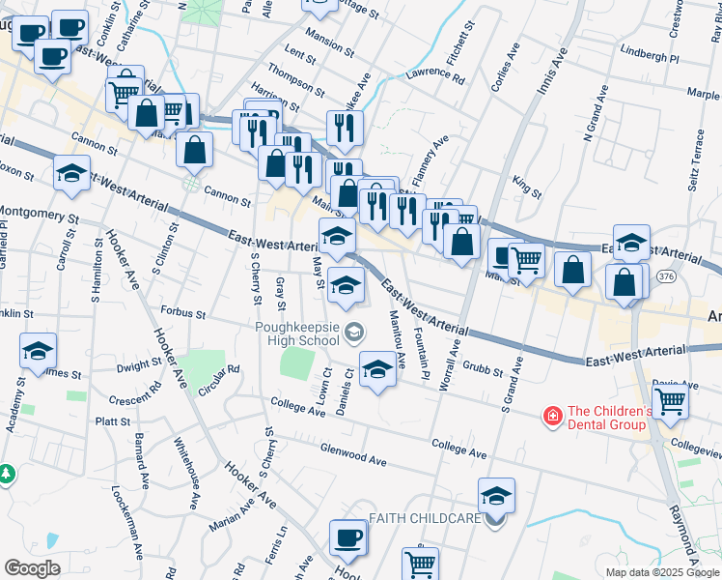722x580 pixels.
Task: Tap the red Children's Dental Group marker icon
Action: pyautogui.click(x=552, y=417)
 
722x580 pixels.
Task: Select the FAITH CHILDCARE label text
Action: pyautogui.click(x=425, y=519)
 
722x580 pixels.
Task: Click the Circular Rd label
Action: pyautogui.click(x=217, y=381)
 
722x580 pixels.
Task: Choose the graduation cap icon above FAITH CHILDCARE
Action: pyautogui.click(x=496, y=496)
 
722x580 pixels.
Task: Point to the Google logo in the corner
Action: pyautogui.click(x=33, y=567)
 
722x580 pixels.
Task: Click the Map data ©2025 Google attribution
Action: pyautogui.click(x=661, y=572)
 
